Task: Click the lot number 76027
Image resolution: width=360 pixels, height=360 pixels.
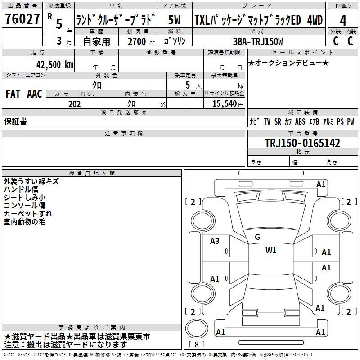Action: click(x=22, y=19)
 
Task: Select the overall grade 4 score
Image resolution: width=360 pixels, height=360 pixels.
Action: click(x=343, y=21)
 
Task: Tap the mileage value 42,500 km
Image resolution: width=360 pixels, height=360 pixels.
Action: click(x=54, y=65)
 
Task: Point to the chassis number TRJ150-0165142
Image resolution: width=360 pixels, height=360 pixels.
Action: click(x=302, y=143)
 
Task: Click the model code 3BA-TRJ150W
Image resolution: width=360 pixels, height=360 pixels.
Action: click(x=258, y=41)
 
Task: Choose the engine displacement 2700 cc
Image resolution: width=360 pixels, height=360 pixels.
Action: click(x=141, y=41)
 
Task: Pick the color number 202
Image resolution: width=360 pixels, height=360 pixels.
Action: click(x=75, y=104)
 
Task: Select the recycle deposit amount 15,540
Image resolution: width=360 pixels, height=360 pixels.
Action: click(x=224, y=103)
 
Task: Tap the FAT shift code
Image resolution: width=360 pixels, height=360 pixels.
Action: click(x=13, y=94)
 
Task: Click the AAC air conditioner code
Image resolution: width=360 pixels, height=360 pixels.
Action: click(x=35, y=94)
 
